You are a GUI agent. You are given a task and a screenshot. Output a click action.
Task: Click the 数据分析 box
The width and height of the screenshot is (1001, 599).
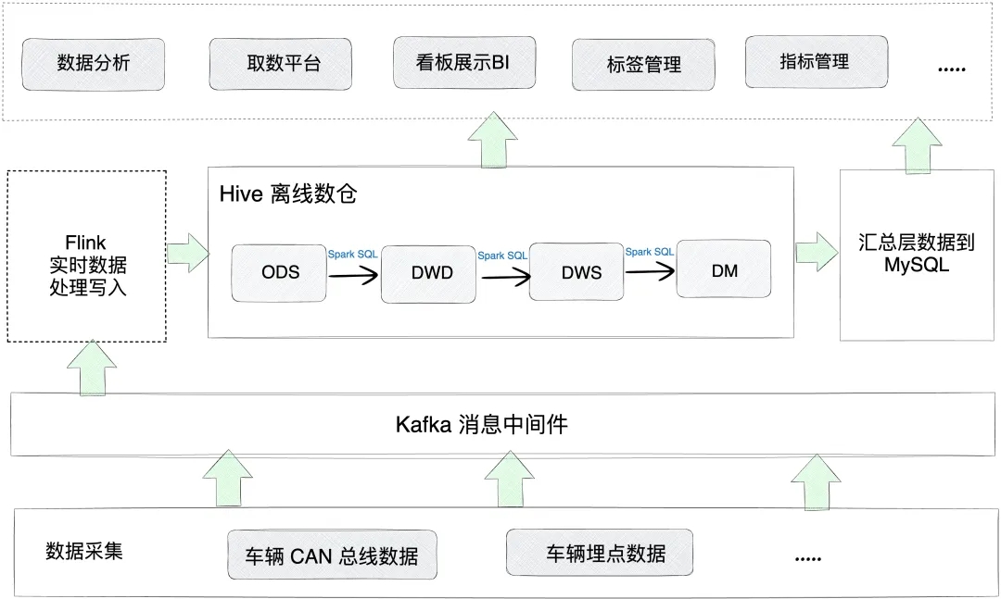click(x=94, y=64)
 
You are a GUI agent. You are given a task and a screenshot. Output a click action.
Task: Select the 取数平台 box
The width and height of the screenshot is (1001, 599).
click(x=280, y=64)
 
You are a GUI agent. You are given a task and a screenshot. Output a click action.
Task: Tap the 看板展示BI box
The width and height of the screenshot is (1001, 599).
click(x=464, y=63)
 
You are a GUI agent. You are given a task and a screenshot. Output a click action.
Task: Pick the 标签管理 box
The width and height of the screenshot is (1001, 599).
click(x=643, y=65)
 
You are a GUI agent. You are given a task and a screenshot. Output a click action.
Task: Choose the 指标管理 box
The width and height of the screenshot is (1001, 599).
click(x=817, y=62)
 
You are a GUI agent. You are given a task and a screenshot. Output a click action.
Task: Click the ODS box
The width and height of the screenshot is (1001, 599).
click(x=279, y=272)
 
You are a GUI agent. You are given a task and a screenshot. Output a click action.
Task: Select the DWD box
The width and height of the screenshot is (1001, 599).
click(x=428, y=274)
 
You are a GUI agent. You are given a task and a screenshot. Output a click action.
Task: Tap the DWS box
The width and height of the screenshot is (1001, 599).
click(x=577, y=272)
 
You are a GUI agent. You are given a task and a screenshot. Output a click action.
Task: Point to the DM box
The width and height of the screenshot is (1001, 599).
click(x=724, y=269)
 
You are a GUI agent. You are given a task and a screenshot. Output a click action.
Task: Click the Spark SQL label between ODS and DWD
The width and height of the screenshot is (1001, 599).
click(x=352, y=254)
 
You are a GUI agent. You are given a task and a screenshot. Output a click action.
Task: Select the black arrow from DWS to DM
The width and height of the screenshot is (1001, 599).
click(x=650, y=271)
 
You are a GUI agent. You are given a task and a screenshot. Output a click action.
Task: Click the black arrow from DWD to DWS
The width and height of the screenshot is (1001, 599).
click(x=506, y=276)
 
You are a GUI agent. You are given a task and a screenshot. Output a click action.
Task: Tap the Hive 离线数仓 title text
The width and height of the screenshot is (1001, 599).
click(x=288, y=193)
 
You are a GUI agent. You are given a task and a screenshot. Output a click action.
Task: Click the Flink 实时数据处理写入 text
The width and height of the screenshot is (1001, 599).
click(x=87, y=265)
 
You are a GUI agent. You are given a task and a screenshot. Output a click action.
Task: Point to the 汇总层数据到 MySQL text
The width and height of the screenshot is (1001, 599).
click(x=916, y=254)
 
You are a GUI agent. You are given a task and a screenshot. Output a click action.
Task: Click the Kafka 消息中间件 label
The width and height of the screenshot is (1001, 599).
click(x=481, y=424)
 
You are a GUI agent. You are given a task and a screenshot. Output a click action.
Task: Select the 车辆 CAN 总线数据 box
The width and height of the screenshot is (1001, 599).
click(x=332, y=555)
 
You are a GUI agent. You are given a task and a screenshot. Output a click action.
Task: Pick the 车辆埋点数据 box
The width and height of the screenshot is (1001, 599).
click(x=600, y=553)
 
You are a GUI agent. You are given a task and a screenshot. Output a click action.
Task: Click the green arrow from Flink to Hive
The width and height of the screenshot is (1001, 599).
click(x=188, y=253)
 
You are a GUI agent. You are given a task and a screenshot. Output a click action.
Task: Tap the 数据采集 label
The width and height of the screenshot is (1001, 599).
click(x=83, y=551)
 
